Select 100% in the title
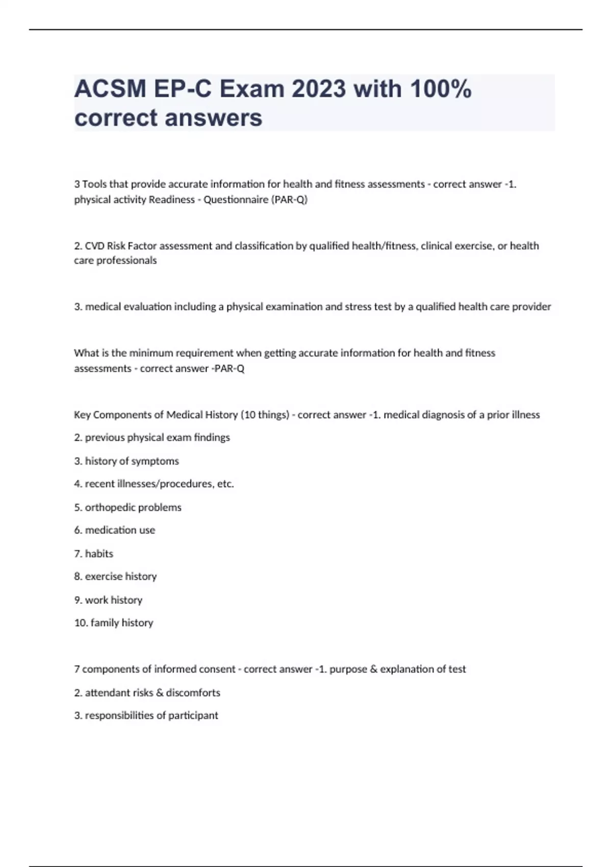coord(440,89)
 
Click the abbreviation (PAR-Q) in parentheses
coord(290,199)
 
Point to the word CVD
coord(94,246)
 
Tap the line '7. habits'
coord(94,553)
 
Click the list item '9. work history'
coord(108,600)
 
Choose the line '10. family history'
coord(114,623)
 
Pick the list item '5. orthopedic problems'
coord(127,507)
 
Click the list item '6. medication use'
coord(115,530)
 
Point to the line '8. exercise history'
coord(115,576)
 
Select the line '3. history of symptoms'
coord(126,461)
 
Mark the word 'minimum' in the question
coord(151,353)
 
